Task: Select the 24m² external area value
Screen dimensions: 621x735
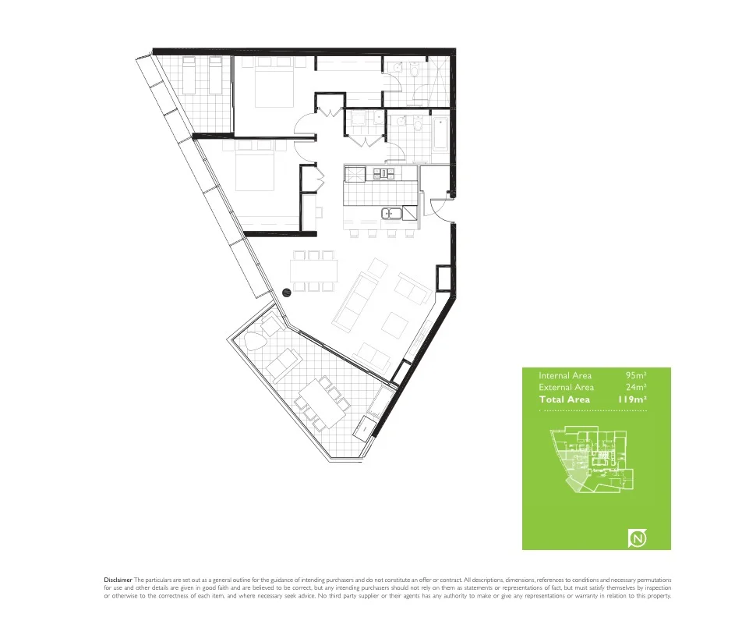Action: click(x=637, y=388)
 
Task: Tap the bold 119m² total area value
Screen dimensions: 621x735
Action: click(x=632, y=399)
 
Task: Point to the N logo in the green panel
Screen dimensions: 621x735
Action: click(x=638, y=538)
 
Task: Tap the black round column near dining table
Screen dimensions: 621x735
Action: click(x=286, y=293)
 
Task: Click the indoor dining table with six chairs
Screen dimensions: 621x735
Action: click(x=314, y=271)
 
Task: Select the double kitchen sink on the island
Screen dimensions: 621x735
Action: click(x=390, y=213)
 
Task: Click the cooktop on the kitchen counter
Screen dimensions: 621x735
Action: click(x=383, y=172)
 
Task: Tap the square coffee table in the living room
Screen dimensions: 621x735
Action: click(x=394, y=324)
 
